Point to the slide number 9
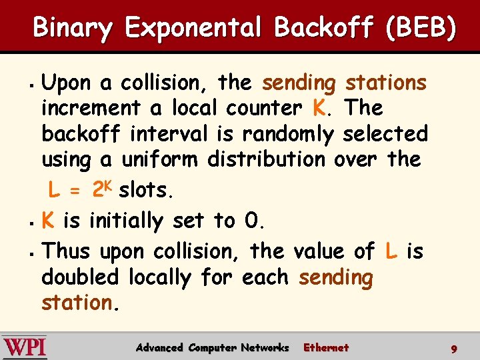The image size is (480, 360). [453, 349]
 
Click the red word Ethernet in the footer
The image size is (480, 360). [325, 347]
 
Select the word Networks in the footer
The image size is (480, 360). [265, 347]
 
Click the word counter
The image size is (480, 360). [264, 108]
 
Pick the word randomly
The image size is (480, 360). [287, 134]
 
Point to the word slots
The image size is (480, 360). [145, 190]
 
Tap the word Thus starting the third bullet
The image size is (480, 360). [65, 251]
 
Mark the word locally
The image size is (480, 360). [160, 277]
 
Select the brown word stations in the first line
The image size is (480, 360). [385, 83]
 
